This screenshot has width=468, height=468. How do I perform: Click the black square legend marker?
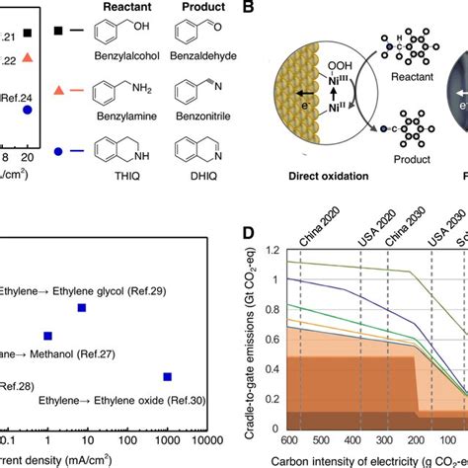pyautogui.click(x=62, y=35)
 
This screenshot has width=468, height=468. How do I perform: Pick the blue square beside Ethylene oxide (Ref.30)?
pyautogui.click(x=167, y=376)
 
